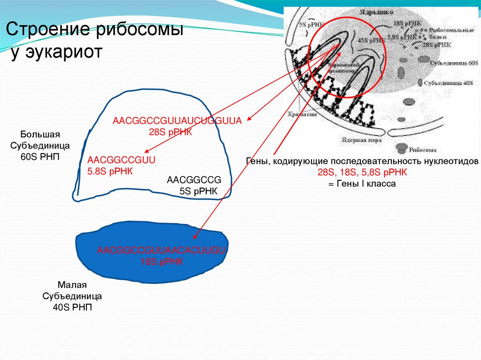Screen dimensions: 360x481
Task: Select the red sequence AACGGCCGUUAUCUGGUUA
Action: (x=177, y=121)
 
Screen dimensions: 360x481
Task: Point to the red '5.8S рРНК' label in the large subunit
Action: (x=110, y=171)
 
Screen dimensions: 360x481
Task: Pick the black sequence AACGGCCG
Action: (x=194, y=180)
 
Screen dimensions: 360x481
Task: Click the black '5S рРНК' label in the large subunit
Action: (x=198, y=191)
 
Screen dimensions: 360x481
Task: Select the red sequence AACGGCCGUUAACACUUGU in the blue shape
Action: (x=162, y=250)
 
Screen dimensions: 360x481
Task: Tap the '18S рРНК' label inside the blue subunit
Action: (x=162, y=262)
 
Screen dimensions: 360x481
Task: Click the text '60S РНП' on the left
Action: (x=40, y=156)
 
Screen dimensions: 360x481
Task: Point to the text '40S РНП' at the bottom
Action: (x=73, y=308)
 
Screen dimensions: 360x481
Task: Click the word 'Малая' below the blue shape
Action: (x=73, y=285)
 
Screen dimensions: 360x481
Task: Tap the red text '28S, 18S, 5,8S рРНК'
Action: (x=362, y=173)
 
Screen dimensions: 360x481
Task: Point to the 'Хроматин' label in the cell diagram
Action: (x=300, y=114)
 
